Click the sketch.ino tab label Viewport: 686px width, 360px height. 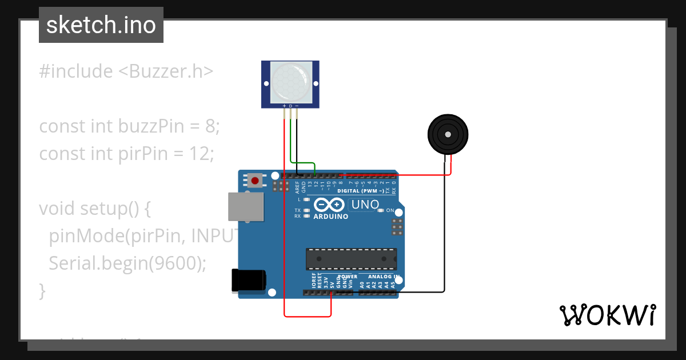pos(101,25)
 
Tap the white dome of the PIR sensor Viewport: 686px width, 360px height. pos(290,82)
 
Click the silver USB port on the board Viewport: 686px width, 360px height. pos(246,206)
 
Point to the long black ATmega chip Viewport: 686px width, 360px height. pos(351,258)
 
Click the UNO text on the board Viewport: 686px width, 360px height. pos(365,205)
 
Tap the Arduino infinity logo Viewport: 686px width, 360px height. pos(330,205)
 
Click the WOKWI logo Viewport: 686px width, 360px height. pos(607,315)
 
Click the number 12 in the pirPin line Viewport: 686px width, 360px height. pos(204,154)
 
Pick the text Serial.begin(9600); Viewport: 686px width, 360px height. pos(127,263)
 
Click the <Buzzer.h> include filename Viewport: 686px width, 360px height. pos(166,71)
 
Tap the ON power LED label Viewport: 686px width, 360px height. pos(390,211)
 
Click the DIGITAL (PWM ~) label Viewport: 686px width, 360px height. pos(360,191)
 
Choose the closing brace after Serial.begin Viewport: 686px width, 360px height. pos(42,290)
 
